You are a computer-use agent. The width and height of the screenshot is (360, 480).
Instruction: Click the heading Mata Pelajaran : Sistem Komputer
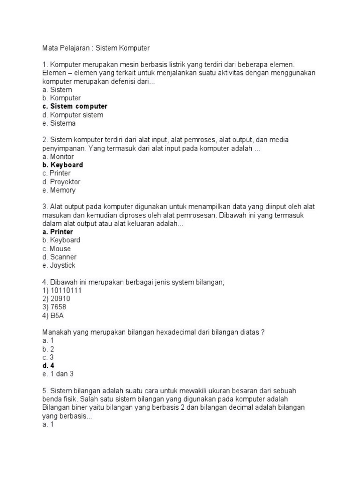96,48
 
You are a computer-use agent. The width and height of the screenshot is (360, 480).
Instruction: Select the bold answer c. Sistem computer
75,106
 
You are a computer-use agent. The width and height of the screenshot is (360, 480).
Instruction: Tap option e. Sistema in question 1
59,123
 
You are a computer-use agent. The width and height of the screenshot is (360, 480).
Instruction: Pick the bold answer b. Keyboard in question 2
62,165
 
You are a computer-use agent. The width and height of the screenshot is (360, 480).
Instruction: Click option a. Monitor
58,157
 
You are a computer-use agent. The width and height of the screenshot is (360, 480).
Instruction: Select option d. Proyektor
61,181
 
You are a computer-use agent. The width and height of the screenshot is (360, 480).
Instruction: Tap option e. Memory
59,190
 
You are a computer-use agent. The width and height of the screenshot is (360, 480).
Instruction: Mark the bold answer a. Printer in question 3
57,232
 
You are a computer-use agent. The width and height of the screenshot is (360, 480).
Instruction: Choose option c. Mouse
56,248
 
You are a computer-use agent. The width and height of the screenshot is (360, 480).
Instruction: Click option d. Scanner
59,257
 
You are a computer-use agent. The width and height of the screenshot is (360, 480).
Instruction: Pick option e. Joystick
59,265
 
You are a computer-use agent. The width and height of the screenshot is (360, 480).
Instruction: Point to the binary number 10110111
66,290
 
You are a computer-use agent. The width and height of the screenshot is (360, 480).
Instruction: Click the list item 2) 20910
56,299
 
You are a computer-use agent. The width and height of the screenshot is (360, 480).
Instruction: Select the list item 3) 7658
54,307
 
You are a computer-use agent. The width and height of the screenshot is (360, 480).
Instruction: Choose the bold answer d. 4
49,366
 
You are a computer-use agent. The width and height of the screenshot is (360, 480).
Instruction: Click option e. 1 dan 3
58,374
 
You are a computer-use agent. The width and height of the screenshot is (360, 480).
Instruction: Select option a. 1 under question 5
49,424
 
